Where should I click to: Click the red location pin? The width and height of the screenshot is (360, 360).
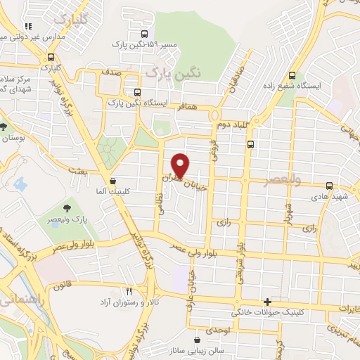(x=181, y=165)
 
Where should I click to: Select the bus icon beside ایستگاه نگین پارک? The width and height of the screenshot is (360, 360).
(x=137, y=92)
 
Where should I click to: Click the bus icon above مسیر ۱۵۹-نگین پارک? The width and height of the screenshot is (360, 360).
(x=145, y=33)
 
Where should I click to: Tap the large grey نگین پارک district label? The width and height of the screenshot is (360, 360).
(x=173, y=72)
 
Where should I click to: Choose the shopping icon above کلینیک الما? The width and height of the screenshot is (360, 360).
(x=112, y=181)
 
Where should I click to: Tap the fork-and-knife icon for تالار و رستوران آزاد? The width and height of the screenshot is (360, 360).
(x=129, y=290)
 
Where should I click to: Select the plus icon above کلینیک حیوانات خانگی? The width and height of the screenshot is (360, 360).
(x=266, y=300)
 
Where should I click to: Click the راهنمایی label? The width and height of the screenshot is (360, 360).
(x=13, y=300)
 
